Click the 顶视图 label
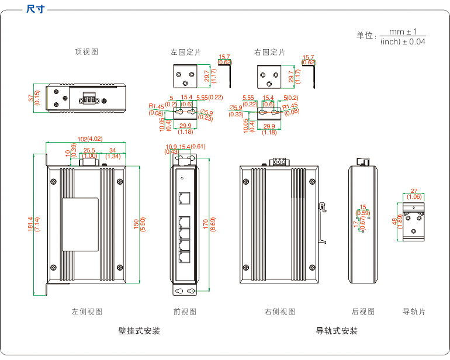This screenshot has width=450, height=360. [86, 51]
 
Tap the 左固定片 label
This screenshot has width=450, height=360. [186, 52]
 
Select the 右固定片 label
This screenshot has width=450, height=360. [270, 52]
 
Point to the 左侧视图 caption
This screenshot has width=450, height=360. [87, 311]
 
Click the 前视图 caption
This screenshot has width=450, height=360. [185, 311]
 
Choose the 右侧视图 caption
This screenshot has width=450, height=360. [280, 311]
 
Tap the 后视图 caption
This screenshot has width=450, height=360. [363, 311]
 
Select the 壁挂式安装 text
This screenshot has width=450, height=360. [139, 331]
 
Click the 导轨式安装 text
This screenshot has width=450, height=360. [337, 331]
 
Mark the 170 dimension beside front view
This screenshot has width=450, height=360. [206, 224]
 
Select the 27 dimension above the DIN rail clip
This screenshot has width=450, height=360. [414, 191]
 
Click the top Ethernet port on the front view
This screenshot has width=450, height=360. [185, 198]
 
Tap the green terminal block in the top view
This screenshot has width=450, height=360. [89, 98]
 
